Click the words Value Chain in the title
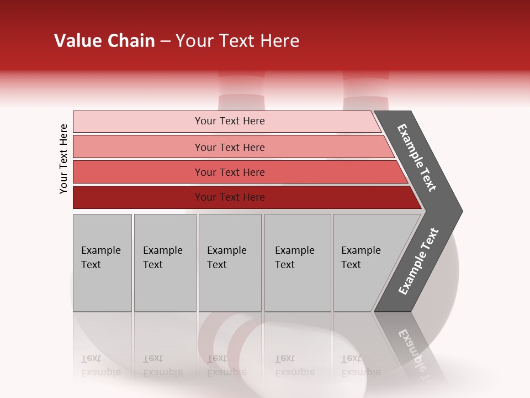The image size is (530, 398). click(104, 41)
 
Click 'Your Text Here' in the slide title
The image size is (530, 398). click(237, 41)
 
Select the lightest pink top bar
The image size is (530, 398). click(138, 122)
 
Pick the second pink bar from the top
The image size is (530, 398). click(138, 147)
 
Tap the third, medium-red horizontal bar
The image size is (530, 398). click(138, 172)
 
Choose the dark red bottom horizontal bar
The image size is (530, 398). click(138, 197)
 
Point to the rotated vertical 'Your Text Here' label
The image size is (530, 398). click(63, 159)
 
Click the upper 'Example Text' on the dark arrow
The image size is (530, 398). click(417, 158)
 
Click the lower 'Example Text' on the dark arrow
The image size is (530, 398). click(418, 261)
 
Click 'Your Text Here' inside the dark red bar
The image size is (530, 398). click(230, 197)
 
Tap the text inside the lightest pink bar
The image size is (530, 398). click(230, 121)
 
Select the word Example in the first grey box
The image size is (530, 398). click(100, 250)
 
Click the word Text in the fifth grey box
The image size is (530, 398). click(351, 265)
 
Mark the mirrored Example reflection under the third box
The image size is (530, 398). click(226, 372)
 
